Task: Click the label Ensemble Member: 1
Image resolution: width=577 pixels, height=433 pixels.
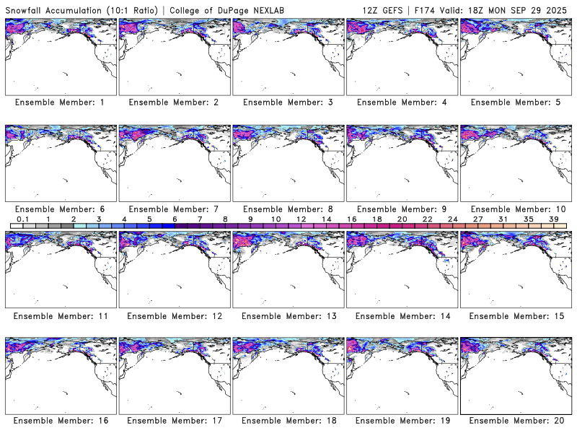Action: (x=59, y=102)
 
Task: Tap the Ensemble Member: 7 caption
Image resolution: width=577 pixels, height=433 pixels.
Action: (x=173, y=209)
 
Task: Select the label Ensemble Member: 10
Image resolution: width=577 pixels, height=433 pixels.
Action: (x=514, y=209)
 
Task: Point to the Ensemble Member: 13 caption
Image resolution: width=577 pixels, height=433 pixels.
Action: (x=286, y=315)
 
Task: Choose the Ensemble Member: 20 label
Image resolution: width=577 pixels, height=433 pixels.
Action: (x=514, y=421)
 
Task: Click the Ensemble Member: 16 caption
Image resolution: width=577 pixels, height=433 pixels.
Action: (x=59, y=421)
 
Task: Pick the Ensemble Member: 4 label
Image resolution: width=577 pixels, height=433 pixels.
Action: (x=400, y=102)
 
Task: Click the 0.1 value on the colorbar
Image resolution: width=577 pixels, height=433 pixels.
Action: (x=22, y=219)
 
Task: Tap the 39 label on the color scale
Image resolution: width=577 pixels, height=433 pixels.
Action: (x=554, y=219)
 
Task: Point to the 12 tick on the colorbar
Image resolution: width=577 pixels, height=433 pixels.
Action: (x=301, y=219)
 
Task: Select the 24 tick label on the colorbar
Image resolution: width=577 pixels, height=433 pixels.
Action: (x=453, y=219)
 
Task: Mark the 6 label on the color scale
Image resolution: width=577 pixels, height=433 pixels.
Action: (x=175, y=219)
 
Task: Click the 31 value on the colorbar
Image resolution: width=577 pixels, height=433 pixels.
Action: (x=503, y=219)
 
